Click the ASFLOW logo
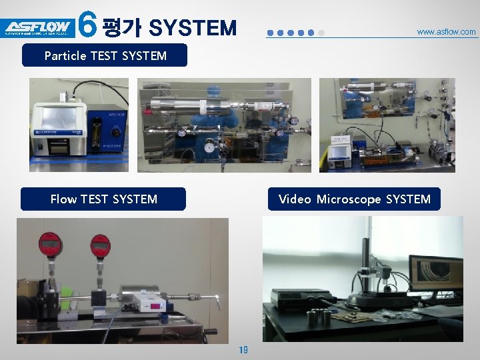click(x=37, y=27)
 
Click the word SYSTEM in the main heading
click(x=193, y=27)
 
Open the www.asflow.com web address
click(x=446, y=31)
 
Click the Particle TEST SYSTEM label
click(x=105, y=55)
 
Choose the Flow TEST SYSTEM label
click(x=103, y=199)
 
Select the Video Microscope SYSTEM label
click(x=354, y=199)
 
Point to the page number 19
click(x=243, y=349)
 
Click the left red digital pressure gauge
click(x=51, y=245)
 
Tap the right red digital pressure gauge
click(x=100, y=246)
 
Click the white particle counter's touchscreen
click(x=59, y=117)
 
